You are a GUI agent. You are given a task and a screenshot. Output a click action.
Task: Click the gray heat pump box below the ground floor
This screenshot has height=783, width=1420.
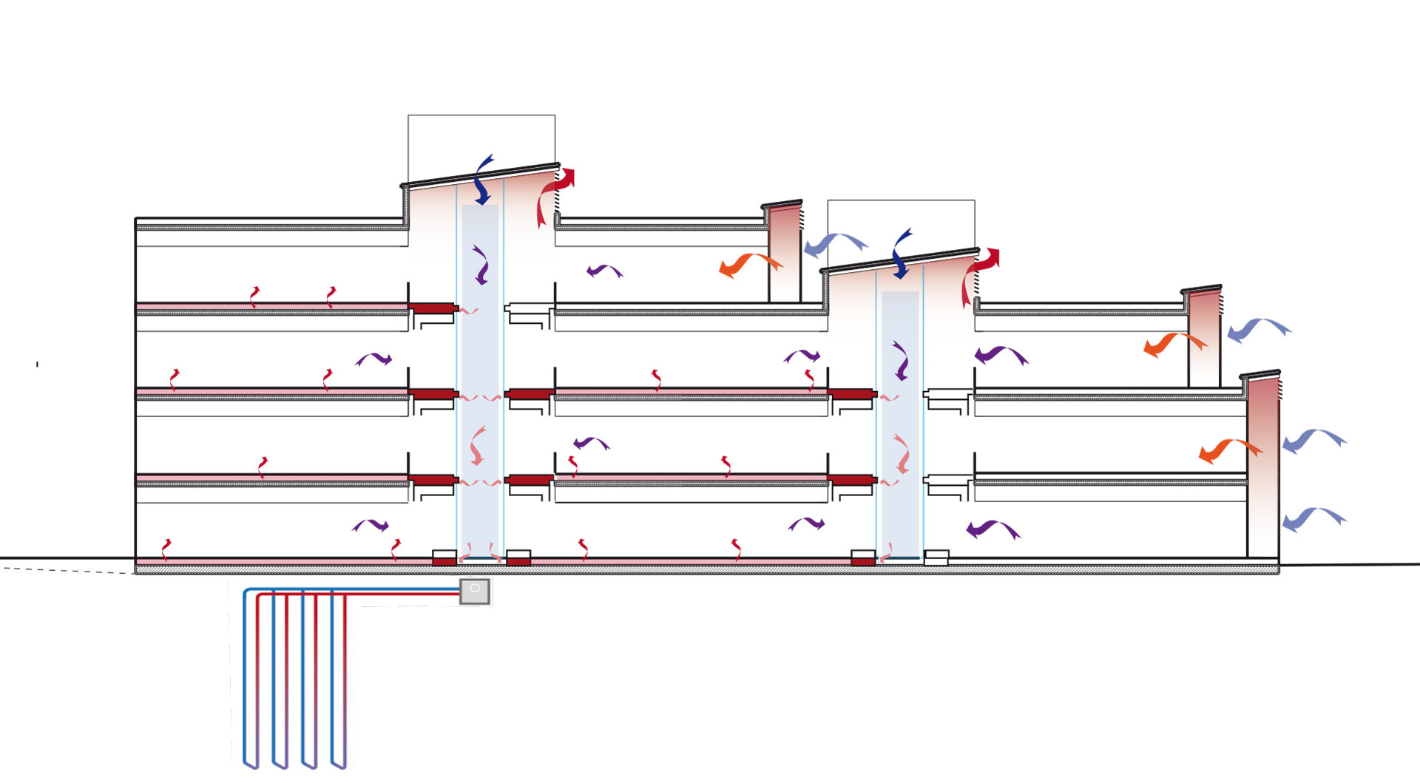click(x=475, y=592)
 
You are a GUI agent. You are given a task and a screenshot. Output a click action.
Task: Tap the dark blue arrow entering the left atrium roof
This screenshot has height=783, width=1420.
click(x=483, y=181)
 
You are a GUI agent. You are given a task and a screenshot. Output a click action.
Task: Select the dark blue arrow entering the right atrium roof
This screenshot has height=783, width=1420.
click(x=901, y=255)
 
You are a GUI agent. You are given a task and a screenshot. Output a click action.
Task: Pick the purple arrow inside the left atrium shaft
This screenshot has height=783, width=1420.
click(x=481, y=265)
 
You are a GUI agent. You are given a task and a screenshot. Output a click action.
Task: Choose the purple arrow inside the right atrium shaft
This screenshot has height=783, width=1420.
click(x=900, y=361)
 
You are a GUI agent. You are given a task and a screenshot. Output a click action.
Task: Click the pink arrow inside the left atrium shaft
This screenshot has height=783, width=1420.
click(x=478, y=445)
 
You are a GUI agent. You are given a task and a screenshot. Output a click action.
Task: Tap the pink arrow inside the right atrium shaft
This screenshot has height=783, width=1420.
click(x=902, y=454)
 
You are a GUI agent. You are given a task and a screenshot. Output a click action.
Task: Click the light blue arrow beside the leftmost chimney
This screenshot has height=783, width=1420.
click(x=835, y=243)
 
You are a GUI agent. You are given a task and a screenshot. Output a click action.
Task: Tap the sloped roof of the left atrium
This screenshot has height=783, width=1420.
click(x=481, y=174)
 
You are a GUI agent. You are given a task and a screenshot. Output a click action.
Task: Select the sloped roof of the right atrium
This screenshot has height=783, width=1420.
click(x=900, y=260)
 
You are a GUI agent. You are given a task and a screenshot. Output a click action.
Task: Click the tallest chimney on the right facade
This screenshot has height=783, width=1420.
click(x=1262, y=466)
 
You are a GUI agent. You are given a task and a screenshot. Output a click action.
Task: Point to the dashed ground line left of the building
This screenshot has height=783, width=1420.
click(x=67, y=570)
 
